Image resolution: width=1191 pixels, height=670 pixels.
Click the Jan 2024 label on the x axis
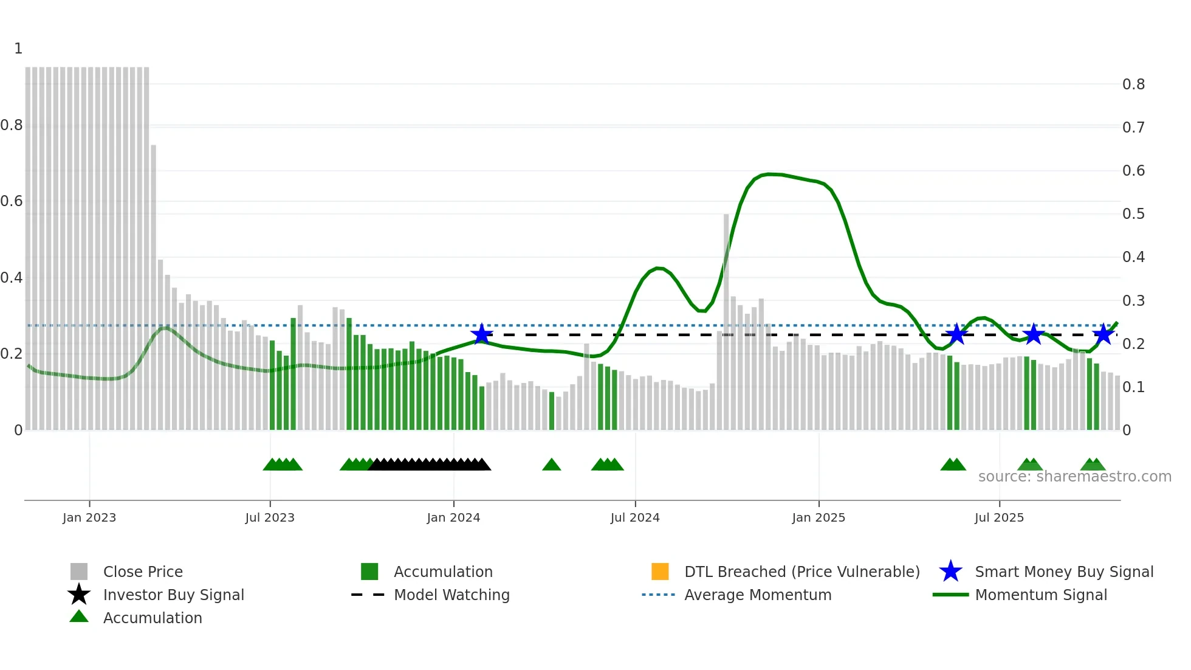[453, 517]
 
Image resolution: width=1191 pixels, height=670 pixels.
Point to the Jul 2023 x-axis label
[270, 517]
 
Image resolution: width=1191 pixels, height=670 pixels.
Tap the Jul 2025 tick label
[999, 517]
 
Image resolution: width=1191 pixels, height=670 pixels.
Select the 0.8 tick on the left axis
[12, 125]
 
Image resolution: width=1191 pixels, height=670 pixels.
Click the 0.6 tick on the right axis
[1133, 171]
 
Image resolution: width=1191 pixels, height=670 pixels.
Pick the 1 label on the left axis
[18, 49]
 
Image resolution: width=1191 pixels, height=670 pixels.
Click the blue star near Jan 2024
[482, 334]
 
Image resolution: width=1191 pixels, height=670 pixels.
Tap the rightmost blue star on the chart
[1103, 334]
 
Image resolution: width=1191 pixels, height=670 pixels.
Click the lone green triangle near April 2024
[551, 465]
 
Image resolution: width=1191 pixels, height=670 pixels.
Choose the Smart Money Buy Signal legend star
[950, 572]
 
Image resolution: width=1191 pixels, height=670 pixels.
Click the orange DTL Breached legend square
[660, 572]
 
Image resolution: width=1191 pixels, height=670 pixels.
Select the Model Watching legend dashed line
[368, 595]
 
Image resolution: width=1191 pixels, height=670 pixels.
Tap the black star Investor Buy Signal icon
[79, 595]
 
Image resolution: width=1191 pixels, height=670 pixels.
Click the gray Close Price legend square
[79, 572]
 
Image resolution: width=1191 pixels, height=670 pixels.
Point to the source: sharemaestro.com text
[1074, 477]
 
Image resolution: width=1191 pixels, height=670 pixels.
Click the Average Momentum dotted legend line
[658, 595]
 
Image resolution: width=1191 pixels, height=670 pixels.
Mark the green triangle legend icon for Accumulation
[79, 616]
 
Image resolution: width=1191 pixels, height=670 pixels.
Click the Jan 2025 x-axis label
[818, 517]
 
